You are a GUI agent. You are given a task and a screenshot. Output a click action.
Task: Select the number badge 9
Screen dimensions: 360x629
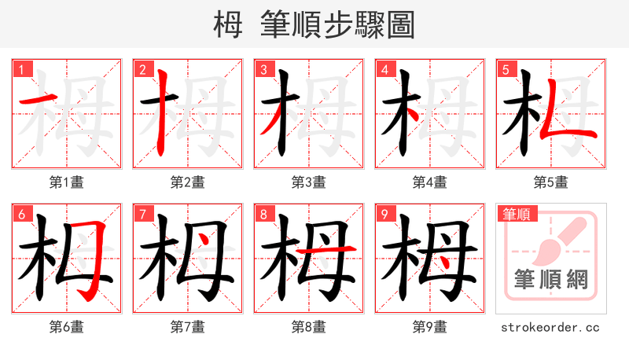coord(384,214)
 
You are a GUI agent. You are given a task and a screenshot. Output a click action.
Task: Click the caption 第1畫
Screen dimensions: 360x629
coord(67,182)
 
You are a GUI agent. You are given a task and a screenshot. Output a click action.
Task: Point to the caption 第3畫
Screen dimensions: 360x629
coord(309,182)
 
